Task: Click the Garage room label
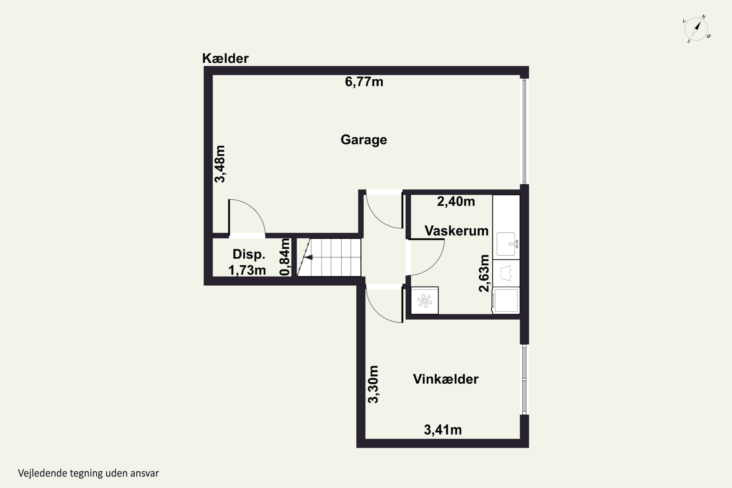364,140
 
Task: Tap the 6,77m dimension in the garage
364,82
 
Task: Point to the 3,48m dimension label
220,164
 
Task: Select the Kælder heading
225,58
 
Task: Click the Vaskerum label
456,231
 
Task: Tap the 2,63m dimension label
484,273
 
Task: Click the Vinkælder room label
446,379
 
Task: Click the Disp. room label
249,254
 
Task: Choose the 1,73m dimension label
247,270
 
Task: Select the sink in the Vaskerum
506,244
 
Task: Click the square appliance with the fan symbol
425,301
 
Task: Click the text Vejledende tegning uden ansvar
88,473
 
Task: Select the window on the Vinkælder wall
524,380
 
